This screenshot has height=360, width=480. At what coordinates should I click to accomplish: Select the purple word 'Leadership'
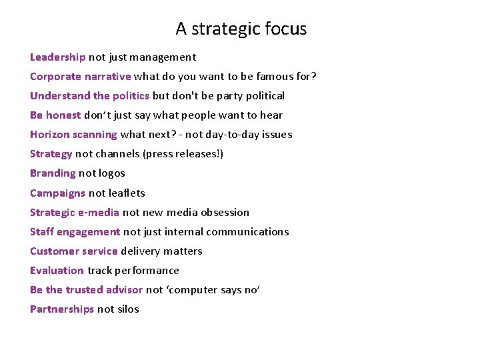[58, 57]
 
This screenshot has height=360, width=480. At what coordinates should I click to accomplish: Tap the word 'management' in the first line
[165, 57]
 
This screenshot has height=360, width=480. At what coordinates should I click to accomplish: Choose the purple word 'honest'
[64, 115]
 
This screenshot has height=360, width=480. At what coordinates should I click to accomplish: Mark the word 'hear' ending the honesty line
[272, 115]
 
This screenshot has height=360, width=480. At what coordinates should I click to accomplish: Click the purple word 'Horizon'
[49, 135]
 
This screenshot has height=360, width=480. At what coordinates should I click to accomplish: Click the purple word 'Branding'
[53, 173]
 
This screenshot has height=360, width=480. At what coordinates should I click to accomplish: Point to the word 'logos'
[111, 173]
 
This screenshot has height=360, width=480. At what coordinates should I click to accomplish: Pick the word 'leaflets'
[127, 193]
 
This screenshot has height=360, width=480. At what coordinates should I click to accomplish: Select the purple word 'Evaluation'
[57, 271]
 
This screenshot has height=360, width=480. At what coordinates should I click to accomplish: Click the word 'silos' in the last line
[127, 309]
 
